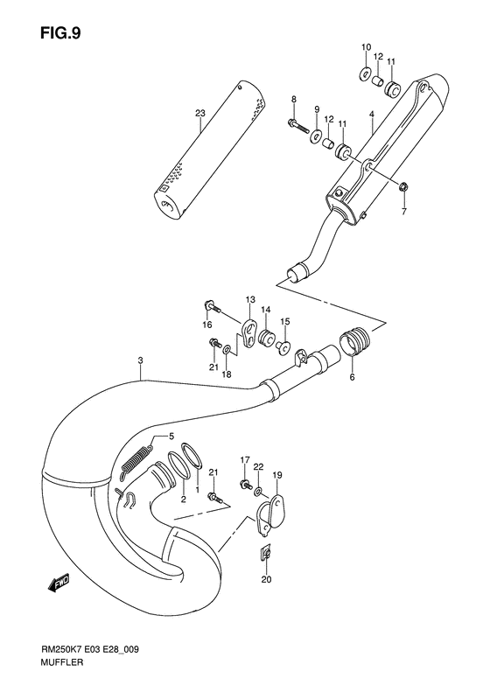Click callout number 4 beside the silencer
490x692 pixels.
371,114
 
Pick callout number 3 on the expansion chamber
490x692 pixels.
140,360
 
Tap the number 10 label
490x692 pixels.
366,46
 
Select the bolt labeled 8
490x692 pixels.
298,129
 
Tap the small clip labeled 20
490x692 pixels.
266,552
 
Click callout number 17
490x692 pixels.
246,459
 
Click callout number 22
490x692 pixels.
258,467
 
